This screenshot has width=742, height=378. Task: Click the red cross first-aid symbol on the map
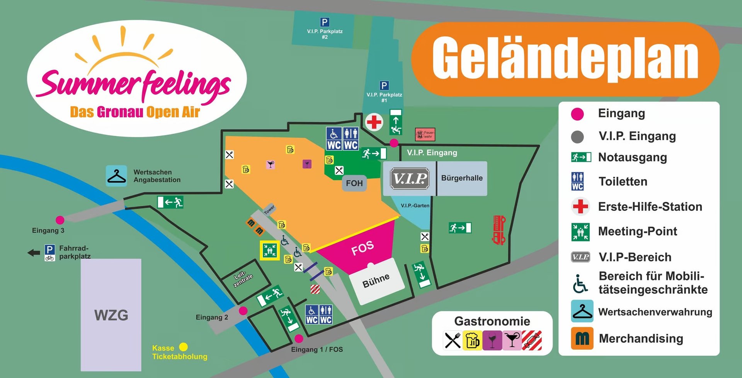[x=374, y=122]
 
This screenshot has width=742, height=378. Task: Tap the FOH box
[x=354, y=183]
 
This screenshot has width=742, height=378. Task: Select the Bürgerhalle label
[x=462, y=178]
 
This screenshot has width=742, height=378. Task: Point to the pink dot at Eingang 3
[x=60, y=220]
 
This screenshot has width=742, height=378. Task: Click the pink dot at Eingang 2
[x=243, y=311]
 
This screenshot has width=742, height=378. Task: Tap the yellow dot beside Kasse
[x=184, y=347]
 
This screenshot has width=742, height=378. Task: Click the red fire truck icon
[x=499, y=230]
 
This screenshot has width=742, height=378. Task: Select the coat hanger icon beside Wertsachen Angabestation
[x=116, y=176]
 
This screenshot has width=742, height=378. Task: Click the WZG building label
[x=111, y=315]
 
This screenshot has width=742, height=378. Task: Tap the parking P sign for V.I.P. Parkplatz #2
[x=325, y=22]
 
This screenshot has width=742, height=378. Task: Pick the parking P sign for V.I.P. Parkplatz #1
[x=384, y=86]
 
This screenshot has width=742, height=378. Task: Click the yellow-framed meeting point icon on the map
[x=270, y=250]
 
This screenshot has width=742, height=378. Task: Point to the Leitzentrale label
[x=243, y=278]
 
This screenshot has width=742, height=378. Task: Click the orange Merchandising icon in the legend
[x=582, y=339]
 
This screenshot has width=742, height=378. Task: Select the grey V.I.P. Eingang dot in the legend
[x=577, y=137]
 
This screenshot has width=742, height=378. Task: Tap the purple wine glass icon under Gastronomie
[x=492, y=340]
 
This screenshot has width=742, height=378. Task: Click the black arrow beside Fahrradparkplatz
[x=34, y=253]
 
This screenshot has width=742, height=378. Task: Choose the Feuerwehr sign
[x=425, y=134]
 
